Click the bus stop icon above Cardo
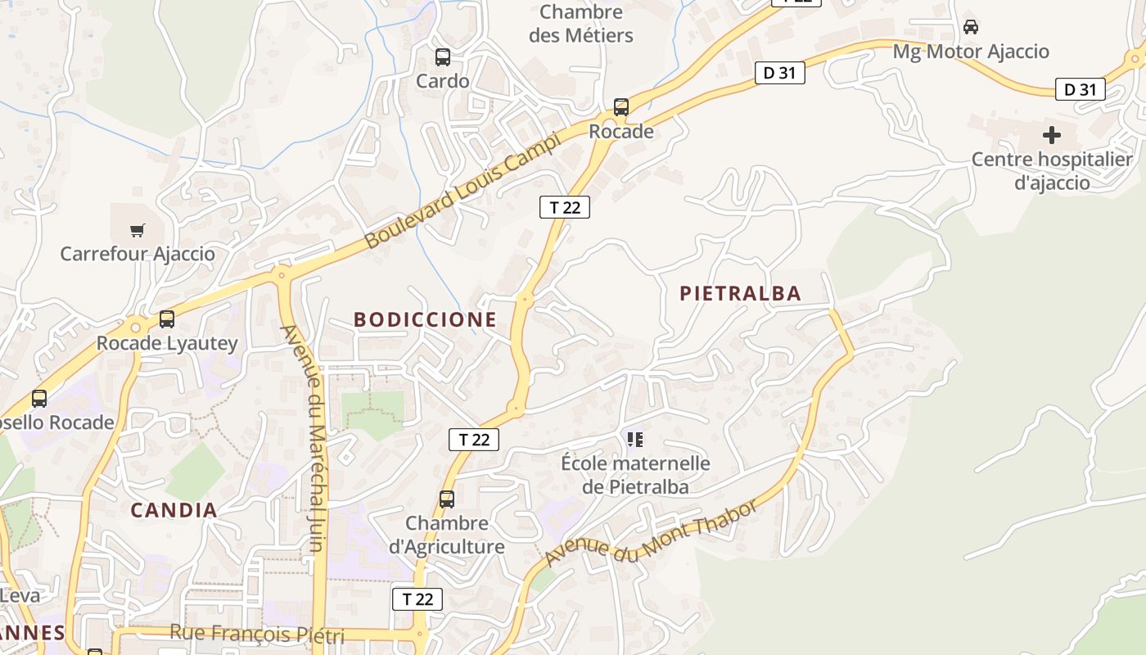pyautogui.click(x=443, y=57)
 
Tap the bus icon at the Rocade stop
pyautogui.click(x=621, y=107)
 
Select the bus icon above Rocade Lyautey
pyautogui.click(x=167, y=319)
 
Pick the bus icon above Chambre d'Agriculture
pyautogui.click(x=447, y=499)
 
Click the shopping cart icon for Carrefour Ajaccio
pyautogui.click(x=138, y=230)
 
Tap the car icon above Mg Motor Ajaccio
pyautogui.click(x=971, y=27)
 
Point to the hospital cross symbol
pyautogui.click(x=1052, y=135)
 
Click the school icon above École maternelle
pyautogui.click(x=635, y=440)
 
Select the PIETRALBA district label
pyautogui.click(x=740, y=294)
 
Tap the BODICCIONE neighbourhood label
pyautogui.click(x=425, y=320)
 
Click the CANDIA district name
pyautogui.click(x=174, y=511)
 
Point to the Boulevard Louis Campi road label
pyautogui.click(x=462, y=191)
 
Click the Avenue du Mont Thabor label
pyautogui.click(x=652, y=533)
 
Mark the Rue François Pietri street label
pyautogui.click(x=257, y=634)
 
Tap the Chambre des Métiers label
pyautogui.click(x=581, y=24)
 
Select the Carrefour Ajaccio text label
pyautogui.click(x=138, y=254)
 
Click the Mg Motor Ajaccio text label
pyautogui.click(x=971, y=52)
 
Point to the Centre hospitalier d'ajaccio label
pyautogui.click(x=1052, y=170)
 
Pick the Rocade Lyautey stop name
pyautogui.click(x=167, y=343)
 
